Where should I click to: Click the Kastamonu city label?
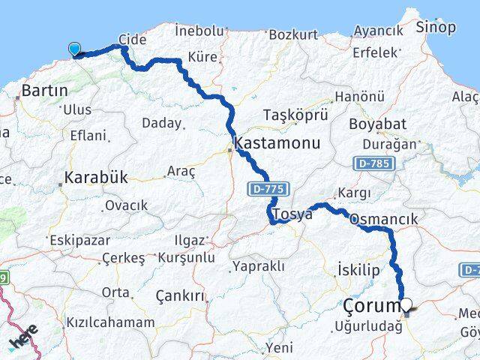pyautogui.click(x=277, y=143)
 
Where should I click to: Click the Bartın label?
pyautogui.click(x=45, y=91)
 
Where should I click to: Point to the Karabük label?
pyautogui.click(x=96, y=178)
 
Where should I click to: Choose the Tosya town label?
pyautogui.click(x=292, y=214)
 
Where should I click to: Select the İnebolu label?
pyautogui.click(x=199, y=31)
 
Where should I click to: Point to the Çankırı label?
pyautogui.click(x=180, y=296)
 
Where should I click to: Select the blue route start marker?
pyautogui.click(x=75, y=49)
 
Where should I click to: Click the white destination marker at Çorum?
pyautogui.click(x=407, y=304)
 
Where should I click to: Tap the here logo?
pyautogui.click(x=22, y=337)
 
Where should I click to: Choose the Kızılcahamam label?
pyautogui.click(x=110, y=322)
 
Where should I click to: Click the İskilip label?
pyautogui.click(x=359, y=269)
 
